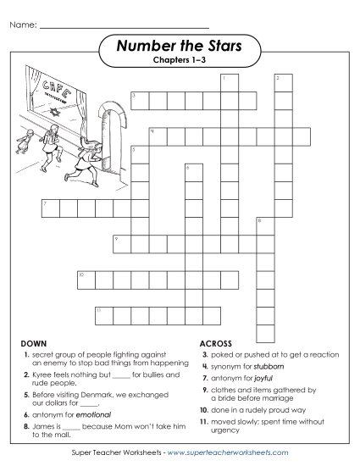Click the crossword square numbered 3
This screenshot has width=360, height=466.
click(x=138, y=101)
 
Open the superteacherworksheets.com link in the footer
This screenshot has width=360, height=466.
click(x=229, y=454)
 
